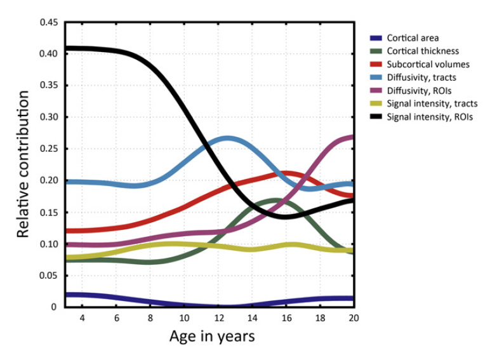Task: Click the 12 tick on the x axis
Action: [218, 318]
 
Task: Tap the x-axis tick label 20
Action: [354, 318]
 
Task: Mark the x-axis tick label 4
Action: [82, 318]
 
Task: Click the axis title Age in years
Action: [212, 337]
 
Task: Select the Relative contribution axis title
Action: [23, 164]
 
